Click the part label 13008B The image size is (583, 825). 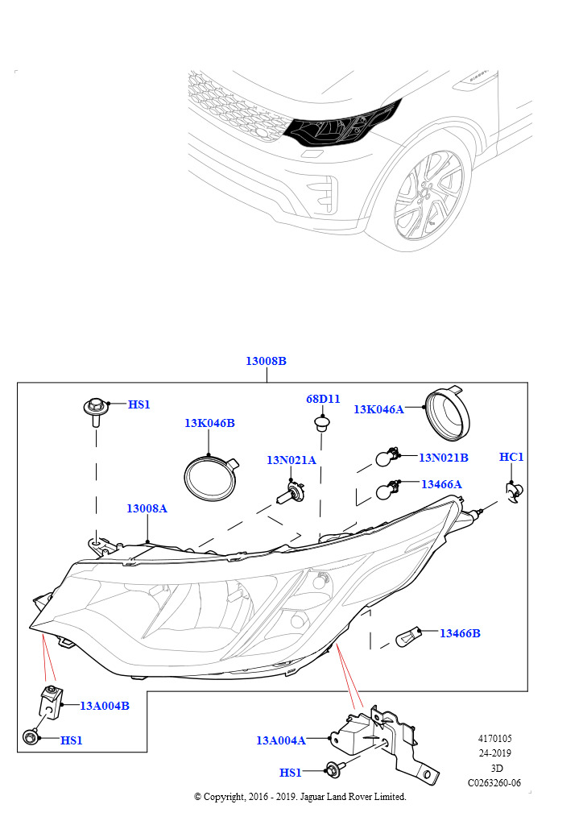pos(266,361)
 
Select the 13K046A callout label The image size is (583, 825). pos(378,409)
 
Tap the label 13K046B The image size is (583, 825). pos(209,423)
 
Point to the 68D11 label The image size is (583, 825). pos(323,399)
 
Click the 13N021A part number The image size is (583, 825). pos(291,460)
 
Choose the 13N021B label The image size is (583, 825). pos(443,458)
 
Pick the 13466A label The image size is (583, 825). pos(441,484)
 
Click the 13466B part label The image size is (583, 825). pos(460,633)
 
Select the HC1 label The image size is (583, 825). pos(511,457)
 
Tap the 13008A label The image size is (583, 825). pos(147,508)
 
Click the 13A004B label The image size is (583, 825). pos(104,706)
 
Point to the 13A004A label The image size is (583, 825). pos(281,741)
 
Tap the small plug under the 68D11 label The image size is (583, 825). pos(321,422)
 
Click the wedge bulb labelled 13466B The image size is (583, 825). pos(408,637)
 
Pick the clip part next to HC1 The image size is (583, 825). pos(514,491)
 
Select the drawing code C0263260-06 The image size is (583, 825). pos(494,783)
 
